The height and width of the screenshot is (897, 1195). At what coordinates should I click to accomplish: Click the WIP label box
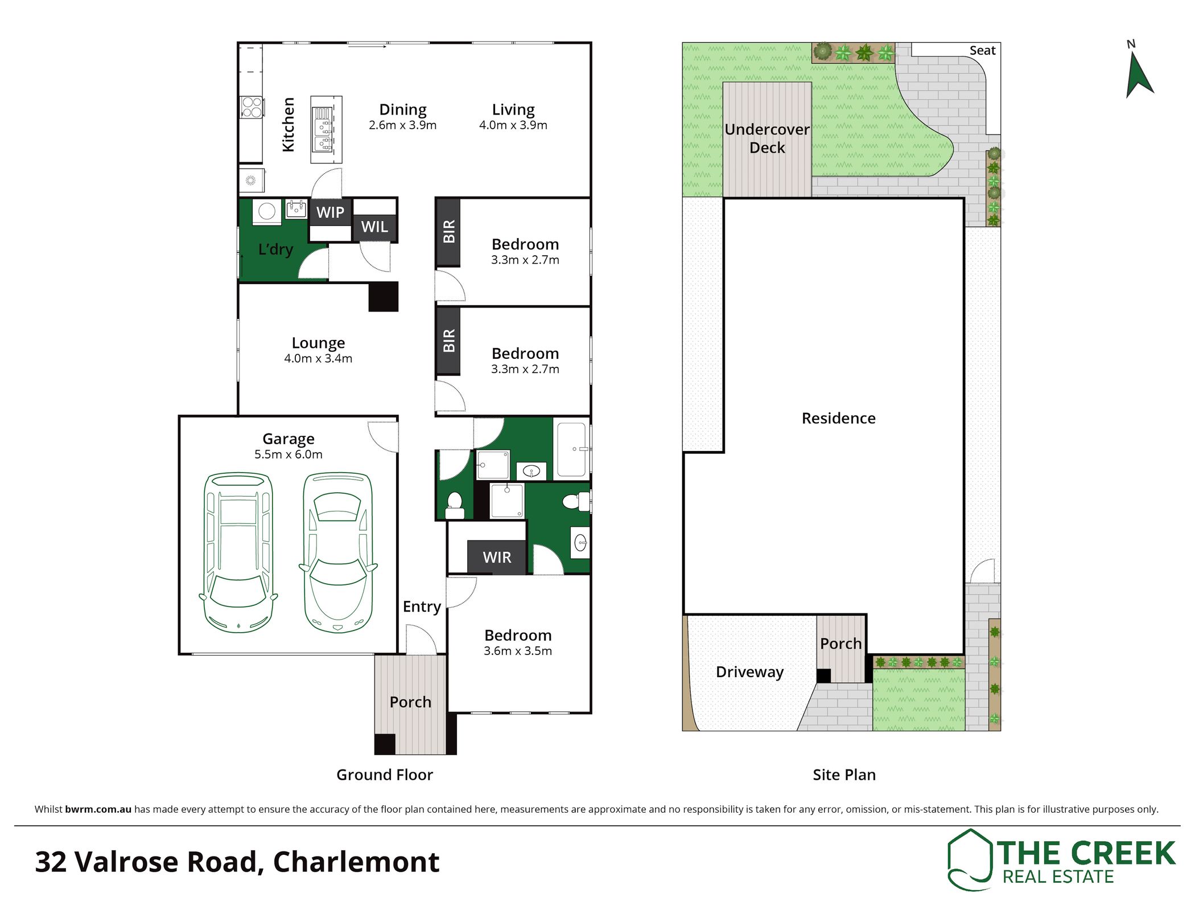[330, 212]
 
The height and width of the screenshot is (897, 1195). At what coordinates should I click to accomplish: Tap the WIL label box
[374, 227]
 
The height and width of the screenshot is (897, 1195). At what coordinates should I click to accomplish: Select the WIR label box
[497, 557]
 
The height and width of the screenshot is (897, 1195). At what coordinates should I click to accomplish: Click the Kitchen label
[289, 125]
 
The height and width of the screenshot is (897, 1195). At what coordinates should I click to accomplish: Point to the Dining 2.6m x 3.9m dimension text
[403, 125]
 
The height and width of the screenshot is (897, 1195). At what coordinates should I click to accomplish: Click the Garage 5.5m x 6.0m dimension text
[289, 454]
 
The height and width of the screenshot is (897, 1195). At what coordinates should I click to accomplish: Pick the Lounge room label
[318, 343]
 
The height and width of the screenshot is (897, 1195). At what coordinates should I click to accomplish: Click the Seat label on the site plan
[983, 51]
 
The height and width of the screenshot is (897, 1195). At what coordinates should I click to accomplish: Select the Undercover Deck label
[767, 138]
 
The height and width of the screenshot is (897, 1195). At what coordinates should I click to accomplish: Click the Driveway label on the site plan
[749, 672]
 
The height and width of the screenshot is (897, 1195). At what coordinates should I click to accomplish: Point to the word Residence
[839, 418]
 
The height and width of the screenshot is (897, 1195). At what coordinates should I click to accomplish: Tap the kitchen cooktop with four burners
[252, 107]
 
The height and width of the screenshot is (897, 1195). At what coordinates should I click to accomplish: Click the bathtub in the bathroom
[571, 449]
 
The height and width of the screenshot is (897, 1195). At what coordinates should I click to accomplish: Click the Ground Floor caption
[385, 775]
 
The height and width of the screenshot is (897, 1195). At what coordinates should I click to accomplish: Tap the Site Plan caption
[844, 775]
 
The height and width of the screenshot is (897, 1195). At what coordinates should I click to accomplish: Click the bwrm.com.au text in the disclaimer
[98, 809]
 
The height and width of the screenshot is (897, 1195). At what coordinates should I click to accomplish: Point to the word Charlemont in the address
[356, 862]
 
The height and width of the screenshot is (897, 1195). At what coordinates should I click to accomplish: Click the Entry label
[422, 607]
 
